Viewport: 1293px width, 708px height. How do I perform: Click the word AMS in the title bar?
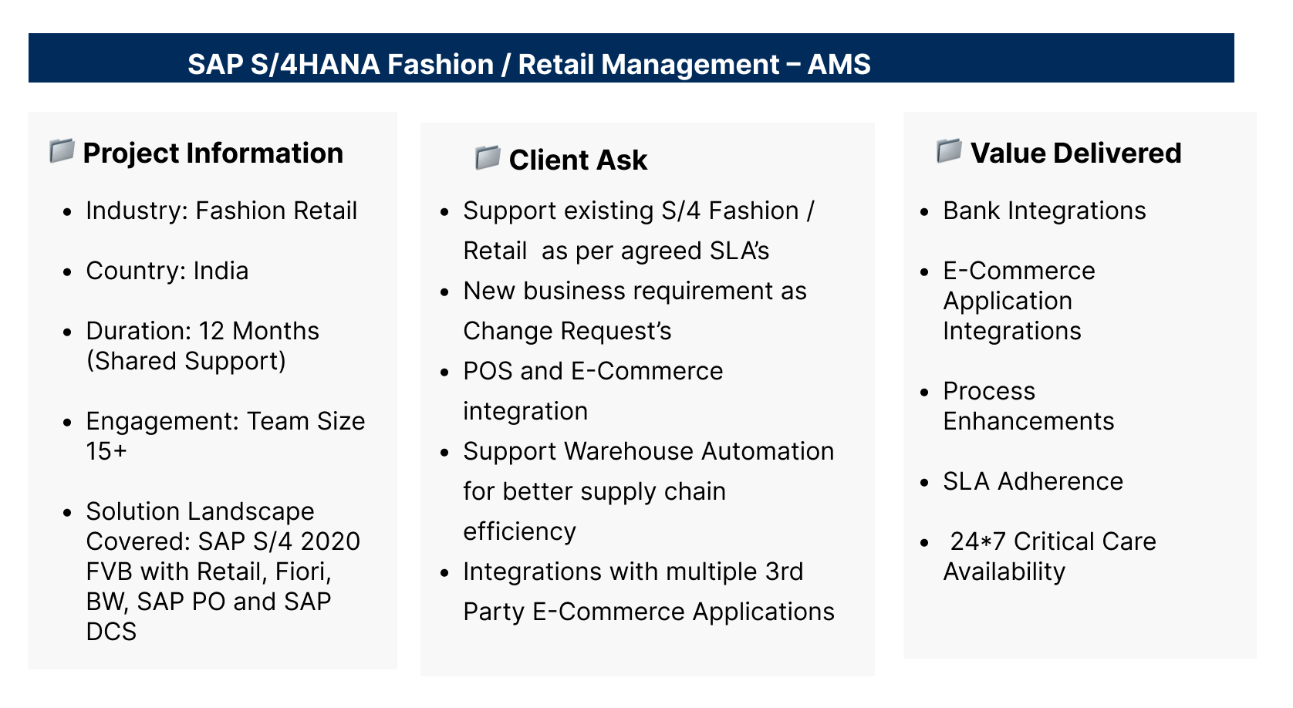[839, 64]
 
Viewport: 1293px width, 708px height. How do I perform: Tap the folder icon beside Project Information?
[62, 150]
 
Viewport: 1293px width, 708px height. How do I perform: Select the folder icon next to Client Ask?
[488, 157]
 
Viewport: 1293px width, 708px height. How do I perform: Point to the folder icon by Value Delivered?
[949, 150]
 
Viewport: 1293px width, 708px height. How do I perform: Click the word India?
[221, 271]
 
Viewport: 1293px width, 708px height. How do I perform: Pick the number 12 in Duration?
[211, 331]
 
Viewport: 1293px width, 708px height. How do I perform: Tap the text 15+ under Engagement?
[106, 450]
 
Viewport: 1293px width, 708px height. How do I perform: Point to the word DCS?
[111, 631]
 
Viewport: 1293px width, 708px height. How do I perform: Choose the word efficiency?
[519, 531]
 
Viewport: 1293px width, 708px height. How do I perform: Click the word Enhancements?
[1028, 421]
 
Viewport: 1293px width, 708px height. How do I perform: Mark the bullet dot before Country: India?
[68, 271]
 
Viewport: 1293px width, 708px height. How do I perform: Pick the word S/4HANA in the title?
[316, 64]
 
